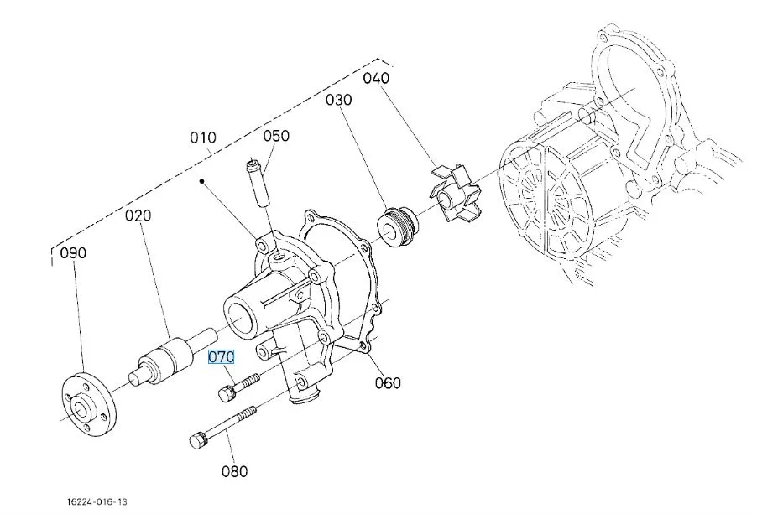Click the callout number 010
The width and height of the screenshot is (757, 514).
tap(203, 138)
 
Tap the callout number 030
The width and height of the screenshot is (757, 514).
tap(340, 100)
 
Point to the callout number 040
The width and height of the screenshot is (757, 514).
tap(377, 79)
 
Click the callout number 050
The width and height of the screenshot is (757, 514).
tap(276, 136)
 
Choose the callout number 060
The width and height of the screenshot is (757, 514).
tap(388, 383)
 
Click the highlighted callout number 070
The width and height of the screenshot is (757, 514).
tap(222, 357)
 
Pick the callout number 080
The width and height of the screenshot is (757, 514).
tap(235, 471)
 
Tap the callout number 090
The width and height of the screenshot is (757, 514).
tap(74, 252)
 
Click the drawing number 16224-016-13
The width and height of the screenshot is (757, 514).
tap(98, 501)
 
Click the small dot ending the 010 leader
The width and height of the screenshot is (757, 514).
tap(201, 180)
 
